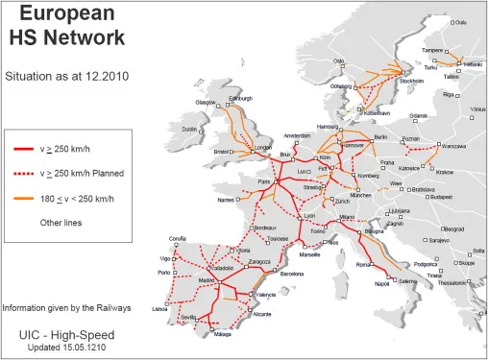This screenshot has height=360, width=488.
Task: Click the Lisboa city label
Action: [159, 310]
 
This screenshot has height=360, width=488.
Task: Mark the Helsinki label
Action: [473, 63]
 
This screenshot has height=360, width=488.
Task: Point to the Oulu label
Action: [460, 21]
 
